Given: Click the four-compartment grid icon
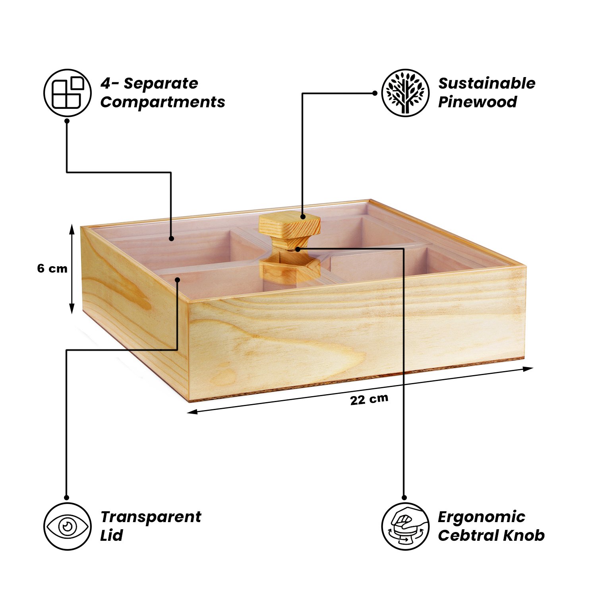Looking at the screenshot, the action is click(68, 93).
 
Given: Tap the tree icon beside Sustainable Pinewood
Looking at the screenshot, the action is click(405, 93).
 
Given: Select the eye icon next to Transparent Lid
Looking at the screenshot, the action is click(68, 526).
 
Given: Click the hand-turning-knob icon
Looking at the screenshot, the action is click(405, 526).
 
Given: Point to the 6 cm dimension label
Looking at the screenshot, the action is click(52, 269).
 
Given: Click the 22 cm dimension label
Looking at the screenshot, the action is click(369, 399).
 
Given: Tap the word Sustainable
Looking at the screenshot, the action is click(487, 83).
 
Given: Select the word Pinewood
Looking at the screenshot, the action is click(477, 102).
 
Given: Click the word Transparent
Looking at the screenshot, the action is click(151, 517).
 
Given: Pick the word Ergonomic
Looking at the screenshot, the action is click(481, 517).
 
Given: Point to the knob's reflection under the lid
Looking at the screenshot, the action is click(290, 270).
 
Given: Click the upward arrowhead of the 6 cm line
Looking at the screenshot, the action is click(72, 229).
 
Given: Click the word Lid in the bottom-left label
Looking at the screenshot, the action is click(112, 536).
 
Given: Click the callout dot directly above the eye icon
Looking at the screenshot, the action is click(67, 497).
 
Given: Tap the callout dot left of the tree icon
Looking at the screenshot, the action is click(375, 93).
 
